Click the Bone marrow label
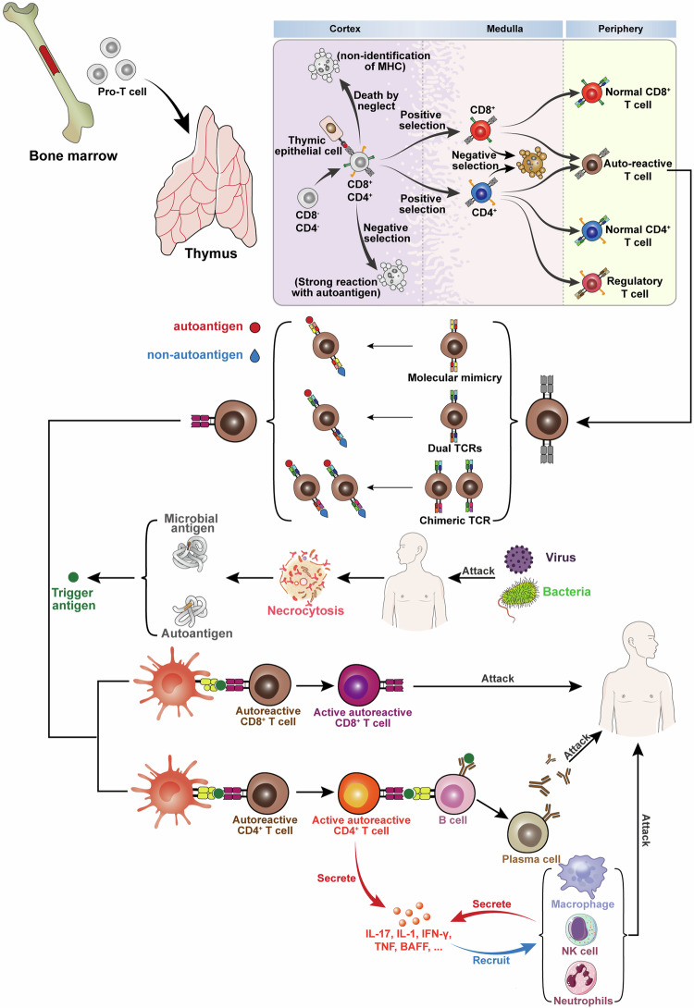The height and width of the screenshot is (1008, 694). (x=73, y=155)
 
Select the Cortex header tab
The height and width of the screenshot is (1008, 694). (x=345, y=29)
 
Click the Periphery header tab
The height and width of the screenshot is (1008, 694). (x=621, y=29)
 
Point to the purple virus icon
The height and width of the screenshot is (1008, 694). (x=518, y=559)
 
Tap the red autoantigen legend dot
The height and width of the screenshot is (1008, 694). (x=254, y=327)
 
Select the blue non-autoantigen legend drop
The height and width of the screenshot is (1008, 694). (x=254, y=355)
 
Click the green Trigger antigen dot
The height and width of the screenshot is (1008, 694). (x=73, y=577)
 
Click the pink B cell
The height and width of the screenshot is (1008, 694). (x=454, y=795)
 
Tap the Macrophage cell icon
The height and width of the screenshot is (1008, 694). (x=582, y=876)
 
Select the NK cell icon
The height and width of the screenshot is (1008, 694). (x=580, y=929)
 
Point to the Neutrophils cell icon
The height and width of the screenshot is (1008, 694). (x=581, y=977)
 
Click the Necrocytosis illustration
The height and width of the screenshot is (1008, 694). (x=304, y=576)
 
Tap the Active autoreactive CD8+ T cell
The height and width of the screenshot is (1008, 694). (x=360, y=686)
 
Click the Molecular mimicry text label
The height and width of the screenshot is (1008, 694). (x=454, y=378)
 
